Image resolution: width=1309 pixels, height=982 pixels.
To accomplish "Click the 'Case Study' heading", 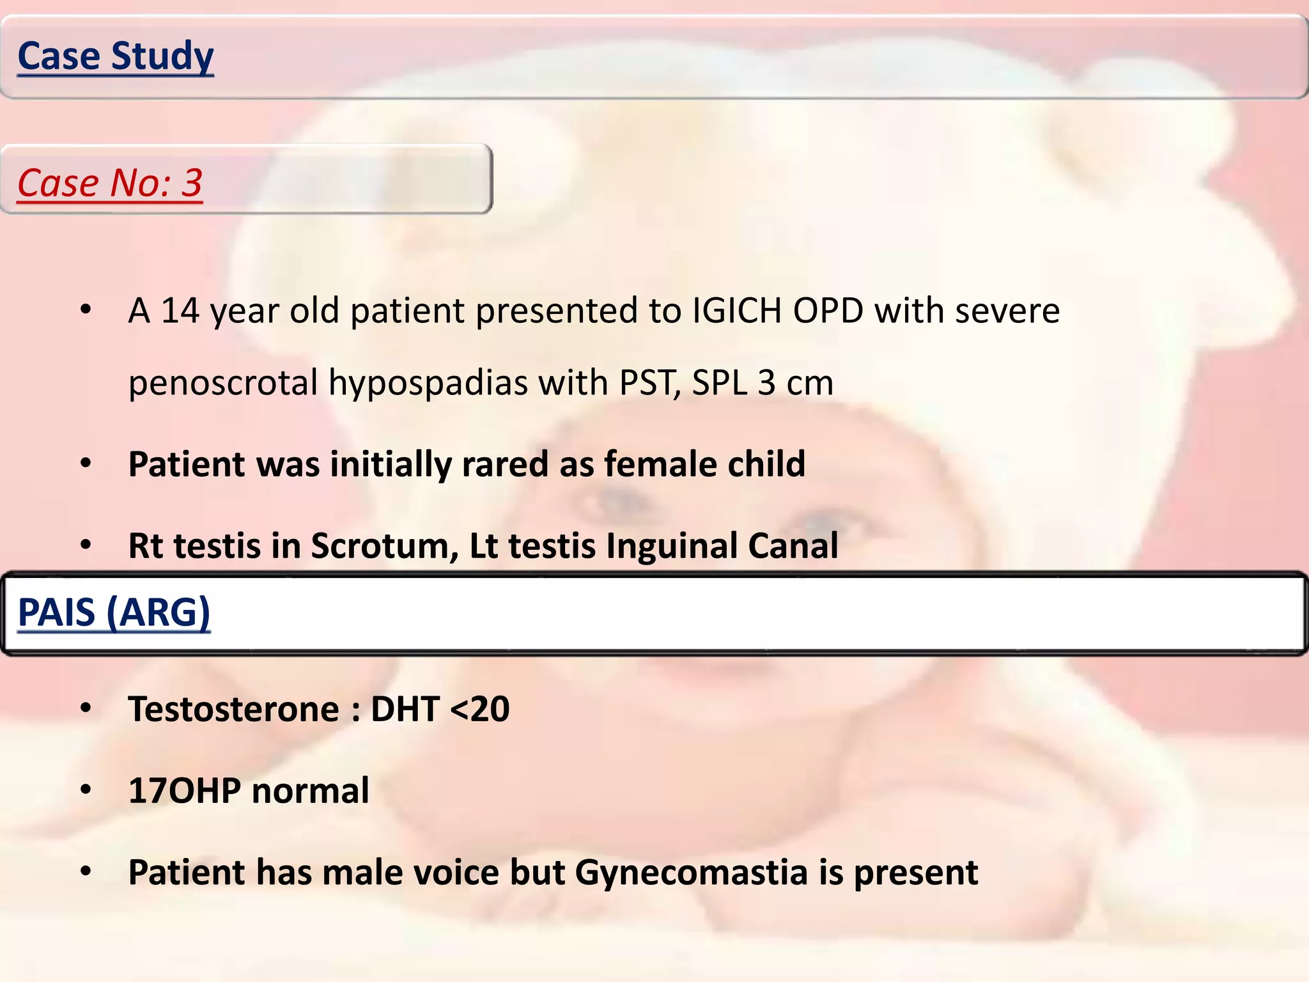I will click(x=116, y=56).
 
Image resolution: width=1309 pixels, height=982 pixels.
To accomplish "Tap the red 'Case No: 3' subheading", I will click(x=110, y=183).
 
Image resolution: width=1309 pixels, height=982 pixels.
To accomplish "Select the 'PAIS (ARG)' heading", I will click(x=114, y=612).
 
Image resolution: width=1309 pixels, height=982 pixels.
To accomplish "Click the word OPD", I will click(x=828, y=311).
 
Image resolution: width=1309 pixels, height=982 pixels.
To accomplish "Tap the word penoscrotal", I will click(x=223, y=384).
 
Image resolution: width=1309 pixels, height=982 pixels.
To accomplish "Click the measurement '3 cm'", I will click(x=795, y=384).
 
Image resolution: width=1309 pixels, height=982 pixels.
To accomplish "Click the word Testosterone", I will click(x=234, y=710).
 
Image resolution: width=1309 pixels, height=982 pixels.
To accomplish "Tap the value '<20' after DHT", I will click(x=480, y=710).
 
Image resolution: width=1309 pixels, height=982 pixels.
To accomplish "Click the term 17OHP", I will click(x=185, y=791).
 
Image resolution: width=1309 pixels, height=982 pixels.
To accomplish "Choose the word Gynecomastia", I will click(x=692, y=873).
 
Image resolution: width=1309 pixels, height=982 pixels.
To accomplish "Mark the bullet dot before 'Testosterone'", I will click(x=86, y=708).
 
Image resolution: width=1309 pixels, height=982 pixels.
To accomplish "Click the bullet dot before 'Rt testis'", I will click(x=86, y=545).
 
